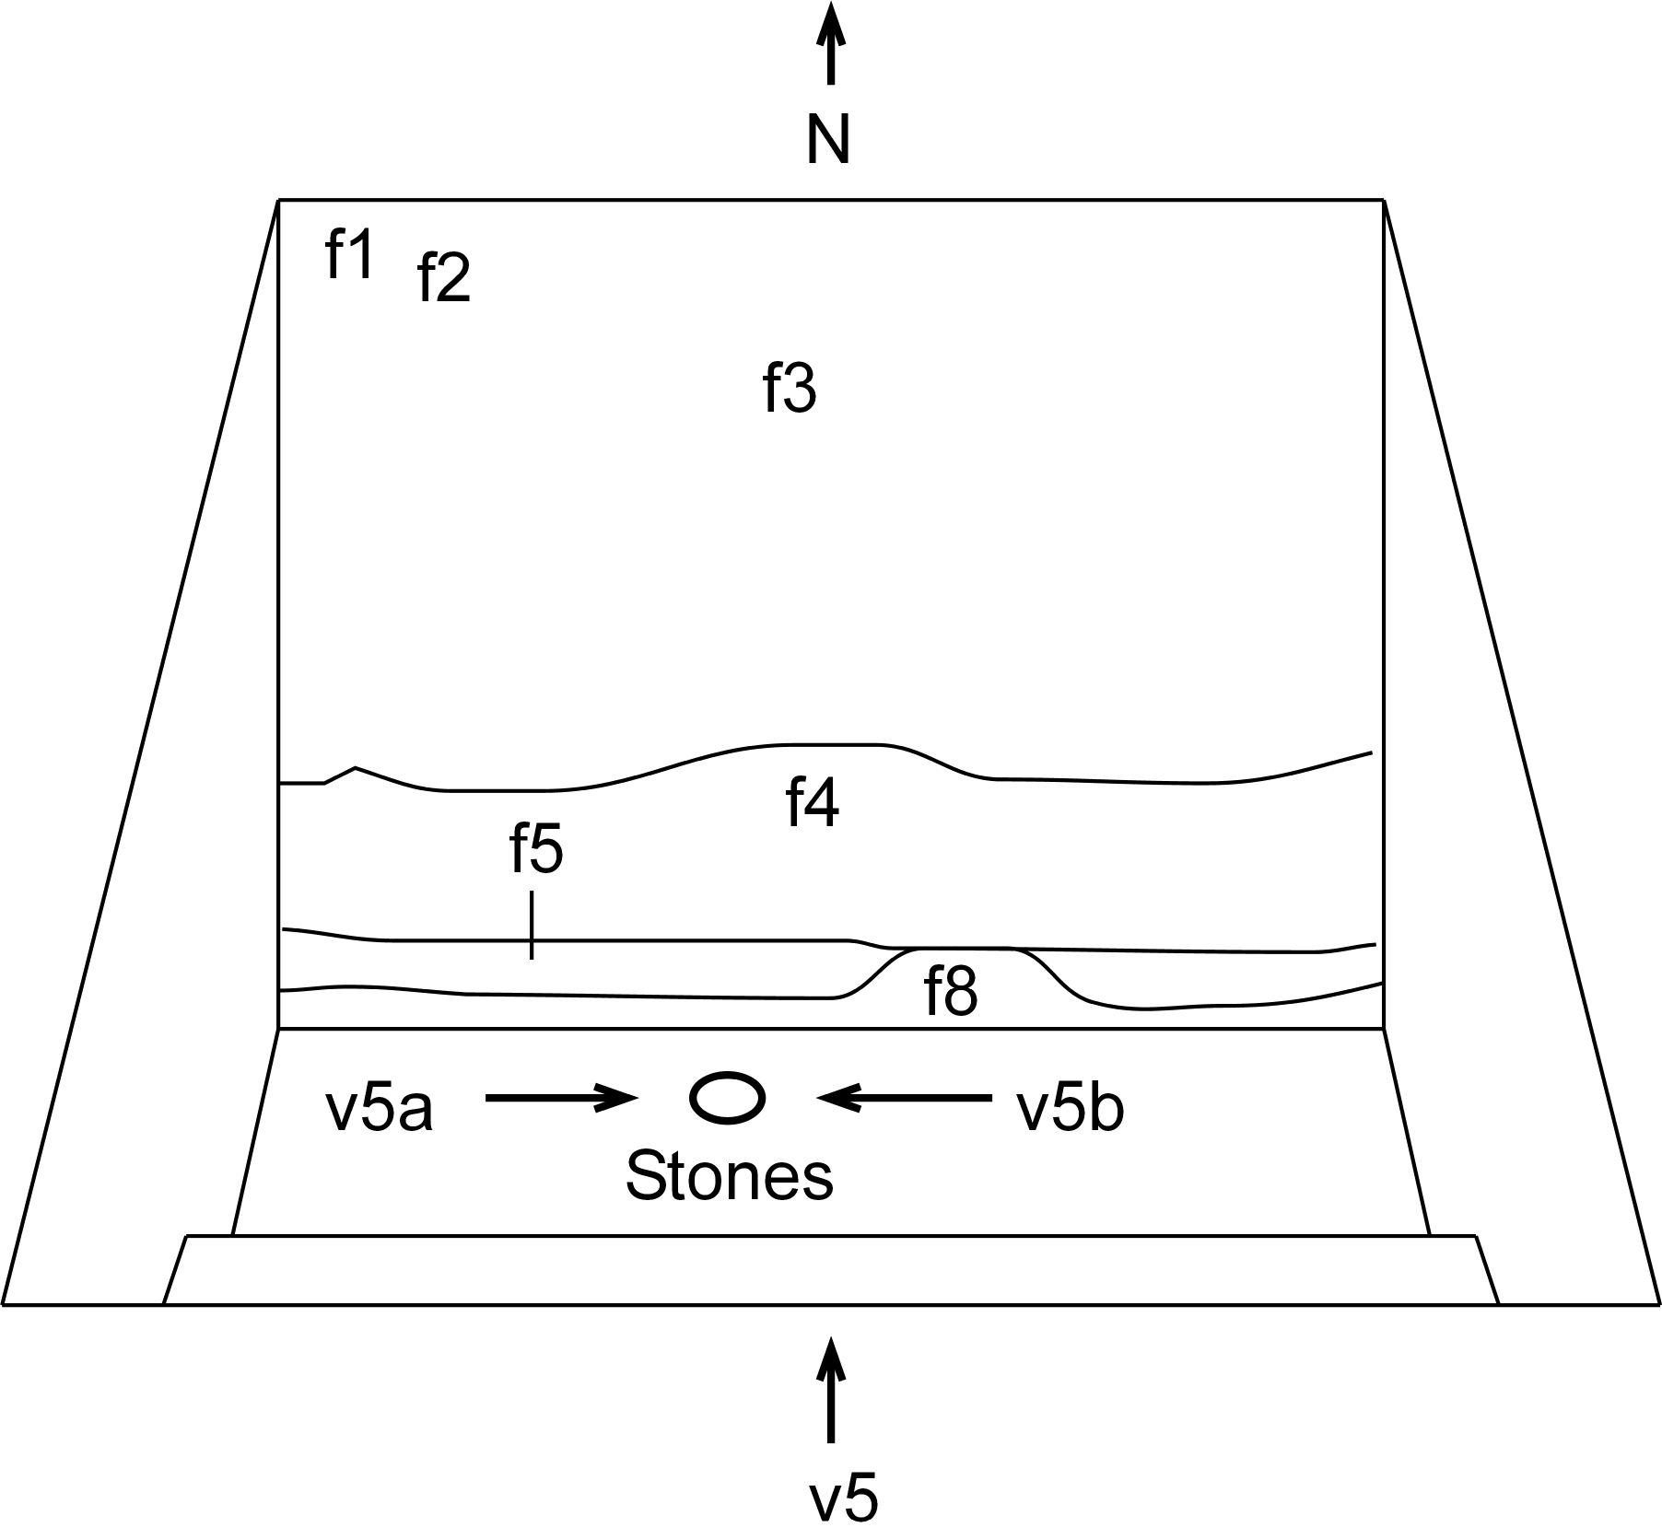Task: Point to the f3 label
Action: [790, 388]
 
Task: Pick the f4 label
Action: [813, 803]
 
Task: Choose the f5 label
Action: [536, 849]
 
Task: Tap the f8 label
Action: [950, 993]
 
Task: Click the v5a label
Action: [379, 1110]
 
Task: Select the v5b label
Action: [1070, 1110]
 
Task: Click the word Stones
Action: [729, 1176]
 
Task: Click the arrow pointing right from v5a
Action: [560, 1097]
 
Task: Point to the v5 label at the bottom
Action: [843, 1498]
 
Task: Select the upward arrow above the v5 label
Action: [831, 1391]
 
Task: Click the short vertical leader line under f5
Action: [532, 925]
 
